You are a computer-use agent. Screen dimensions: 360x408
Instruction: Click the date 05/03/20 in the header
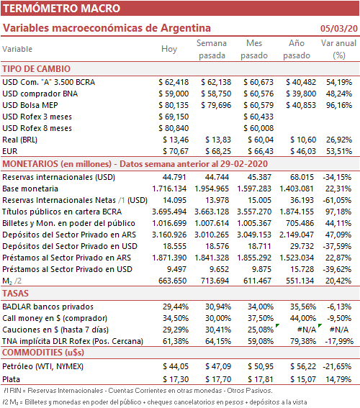(x=339, y=28)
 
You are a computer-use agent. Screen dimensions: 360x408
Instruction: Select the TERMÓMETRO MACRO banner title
(x=62, y=9)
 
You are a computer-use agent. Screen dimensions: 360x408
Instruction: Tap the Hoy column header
(x=169, y=49)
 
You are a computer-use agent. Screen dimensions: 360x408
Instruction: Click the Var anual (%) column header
(x=338, y=49)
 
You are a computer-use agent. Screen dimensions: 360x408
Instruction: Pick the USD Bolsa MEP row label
(x=30, y=105)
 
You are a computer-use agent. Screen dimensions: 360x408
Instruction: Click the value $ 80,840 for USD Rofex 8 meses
(x=174, y=128)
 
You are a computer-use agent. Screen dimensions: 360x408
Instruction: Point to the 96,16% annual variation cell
(x=339, y=105)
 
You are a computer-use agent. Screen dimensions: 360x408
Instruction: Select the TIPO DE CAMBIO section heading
(x=37, y=69)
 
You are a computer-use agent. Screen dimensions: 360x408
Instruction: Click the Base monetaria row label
(x=30, y=189)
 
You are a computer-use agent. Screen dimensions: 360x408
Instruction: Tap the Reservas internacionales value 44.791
(x=174, y=177)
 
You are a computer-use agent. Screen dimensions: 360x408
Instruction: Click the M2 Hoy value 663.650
(x=172, y=281)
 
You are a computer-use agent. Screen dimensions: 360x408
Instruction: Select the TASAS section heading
(x=15, y=294)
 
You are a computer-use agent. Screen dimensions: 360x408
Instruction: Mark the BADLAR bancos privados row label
(x=48, y=307)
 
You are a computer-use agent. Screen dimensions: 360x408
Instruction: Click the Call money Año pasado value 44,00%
(x=303, y=318)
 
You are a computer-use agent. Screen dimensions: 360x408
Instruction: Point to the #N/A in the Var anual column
(x=339, y=330)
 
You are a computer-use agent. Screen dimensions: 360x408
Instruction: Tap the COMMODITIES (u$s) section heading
(x=43, y=353)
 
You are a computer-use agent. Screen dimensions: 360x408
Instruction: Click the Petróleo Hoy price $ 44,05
(x=176, y=366)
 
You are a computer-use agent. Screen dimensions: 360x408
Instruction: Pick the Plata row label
(x=12, y=379)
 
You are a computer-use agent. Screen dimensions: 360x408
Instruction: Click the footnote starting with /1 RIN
(x=138, y=391)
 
